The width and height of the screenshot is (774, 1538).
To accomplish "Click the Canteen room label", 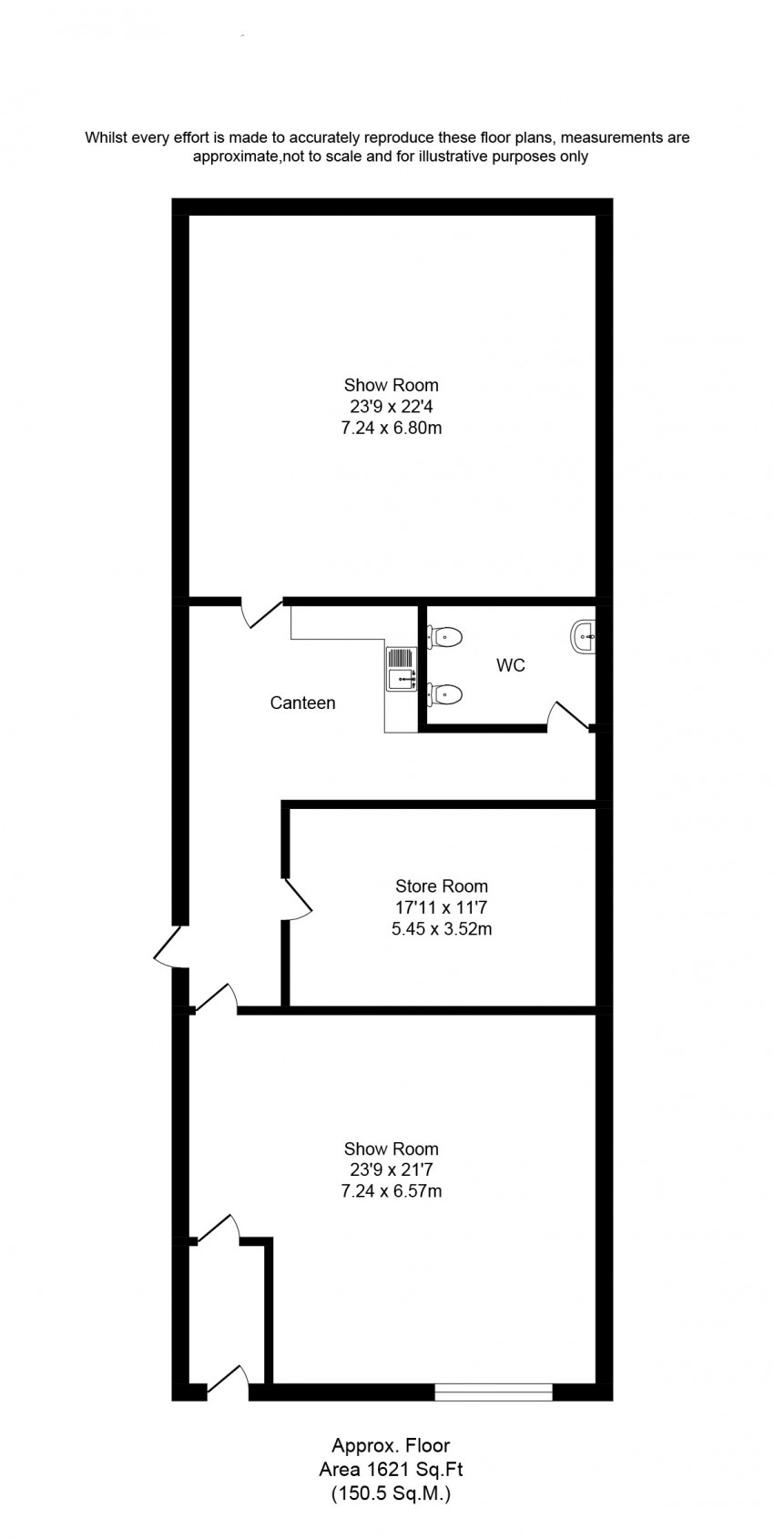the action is coord(302,703).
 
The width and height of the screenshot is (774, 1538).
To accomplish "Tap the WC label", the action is coord(510,665).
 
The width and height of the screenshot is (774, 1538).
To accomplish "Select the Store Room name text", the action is coord(442,886).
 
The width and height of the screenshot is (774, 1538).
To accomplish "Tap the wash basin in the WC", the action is coord(583,637).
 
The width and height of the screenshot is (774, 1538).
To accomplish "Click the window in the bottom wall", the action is coord(494,1391).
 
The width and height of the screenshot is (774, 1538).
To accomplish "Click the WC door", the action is coord(568,716).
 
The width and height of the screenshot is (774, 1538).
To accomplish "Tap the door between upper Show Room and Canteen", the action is coord(261,612).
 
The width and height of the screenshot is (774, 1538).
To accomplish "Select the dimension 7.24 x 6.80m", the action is coord(392,428).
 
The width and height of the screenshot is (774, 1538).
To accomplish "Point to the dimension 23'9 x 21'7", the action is coord(392,1169).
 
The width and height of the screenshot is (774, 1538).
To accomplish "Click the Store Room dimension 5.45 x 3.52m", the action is coord(442,929).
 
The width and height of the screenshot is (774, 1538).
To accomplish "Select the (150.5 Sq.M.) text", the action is coord(392,1492).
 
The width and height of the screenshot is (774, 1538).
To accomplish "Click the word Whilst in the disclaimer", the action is coord(106,137).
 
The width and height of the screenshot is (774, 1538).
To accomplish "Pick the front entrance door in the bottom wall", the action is coord(228,1382).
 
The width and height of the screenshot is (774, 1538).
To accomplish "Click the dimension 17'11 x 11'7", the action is coord(442,907).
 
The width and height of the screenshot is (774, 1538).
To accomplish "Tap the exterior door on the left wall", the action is coord(169,946).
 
